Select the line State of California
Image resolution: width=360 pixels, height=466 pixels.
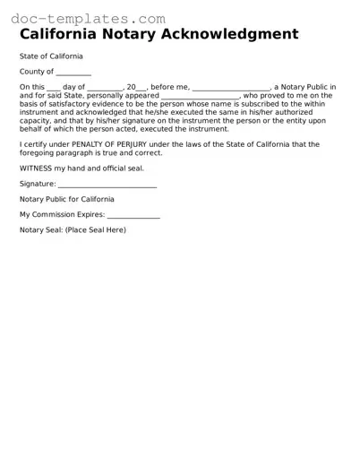[55, 56]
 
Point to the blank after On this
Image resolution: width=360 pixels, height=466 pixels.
[53, 88]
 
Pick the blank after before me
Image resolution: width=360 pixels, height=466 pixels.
[230, 88]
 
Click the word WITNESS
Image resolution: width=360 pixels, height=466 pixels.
[37, 168]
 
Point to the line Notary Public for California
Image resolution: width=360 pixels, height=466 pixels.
[67, 199]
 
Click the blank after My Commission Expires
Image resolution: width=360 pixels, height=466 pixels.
[133, 215]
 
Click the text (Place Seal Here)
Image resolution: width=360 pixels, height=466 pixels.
[96, 230]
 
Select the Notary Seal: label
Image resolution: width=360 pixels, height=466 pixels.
[41, 230]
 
